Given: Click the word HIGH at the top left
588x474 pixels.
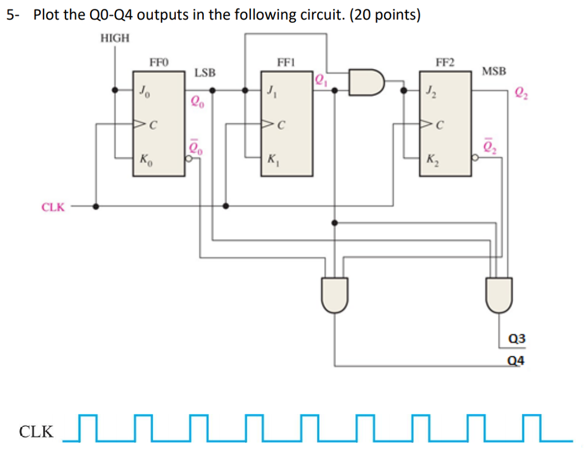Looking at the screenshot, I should (x=115, y=38).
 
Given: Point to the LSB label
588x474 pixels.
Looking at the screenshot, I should (x=205, y=73).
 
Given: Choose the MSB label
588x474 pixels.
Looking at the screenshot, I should (x=494, y=71).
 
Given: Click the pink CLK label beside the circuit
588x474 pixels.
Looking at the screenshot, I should (x=53, y=207).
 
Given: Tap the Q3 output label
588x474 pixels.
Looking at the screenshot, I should (x=517, y=340).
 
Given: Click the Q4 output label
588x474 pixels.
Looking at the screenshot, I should (x=517, y=361).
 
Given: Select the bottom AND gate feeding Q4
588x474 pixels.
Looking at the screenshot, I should (x=335, y=294).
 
